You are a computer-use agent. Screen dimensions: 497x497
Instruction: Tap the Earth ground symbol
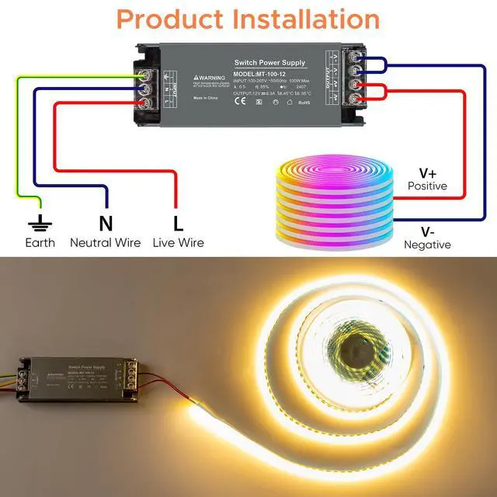tap(40, 224)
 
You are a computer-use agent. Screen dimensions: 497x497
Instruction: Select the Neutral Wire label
tap(106, 243)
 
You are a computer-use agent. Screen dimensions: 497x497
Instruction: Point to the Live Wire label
tap(179, 243)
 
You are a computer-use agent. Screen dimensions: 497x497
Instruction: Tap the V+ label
tap(427, 172)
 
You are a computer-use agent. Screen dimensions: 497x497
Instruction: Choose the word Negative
tap(427, 245)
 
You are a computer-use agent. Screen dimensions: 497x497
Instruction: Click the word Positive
tap(427, 186)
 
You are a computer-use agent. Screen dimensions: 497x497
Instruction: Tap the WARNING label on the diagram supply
tap(210, 78)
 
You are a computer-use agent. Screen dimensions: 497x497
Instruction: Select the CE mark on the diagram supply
tap(241, 100)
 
